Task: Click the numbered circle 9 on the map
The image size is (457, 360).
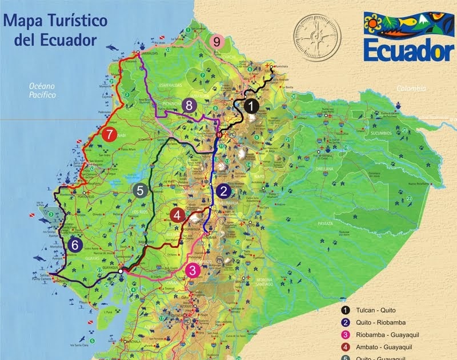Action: coord(217,42)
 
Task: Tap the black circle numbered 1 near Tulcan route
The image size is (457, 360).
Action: coord(250,106)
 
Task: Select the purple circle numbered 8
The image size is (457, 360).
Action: coord(189,106)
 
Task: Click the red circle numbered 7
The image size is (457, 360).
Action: coord(109,135)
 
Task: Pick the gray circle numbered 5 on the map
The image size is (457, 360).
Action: coord(139,191)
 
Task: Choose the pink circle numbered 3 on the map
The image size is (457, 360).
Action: coord(193,270)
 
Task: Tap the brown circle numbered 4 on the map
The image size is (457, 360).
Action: coord(178,215)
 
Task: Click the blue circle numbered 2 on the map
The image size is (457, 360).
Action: coord(223,191)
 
